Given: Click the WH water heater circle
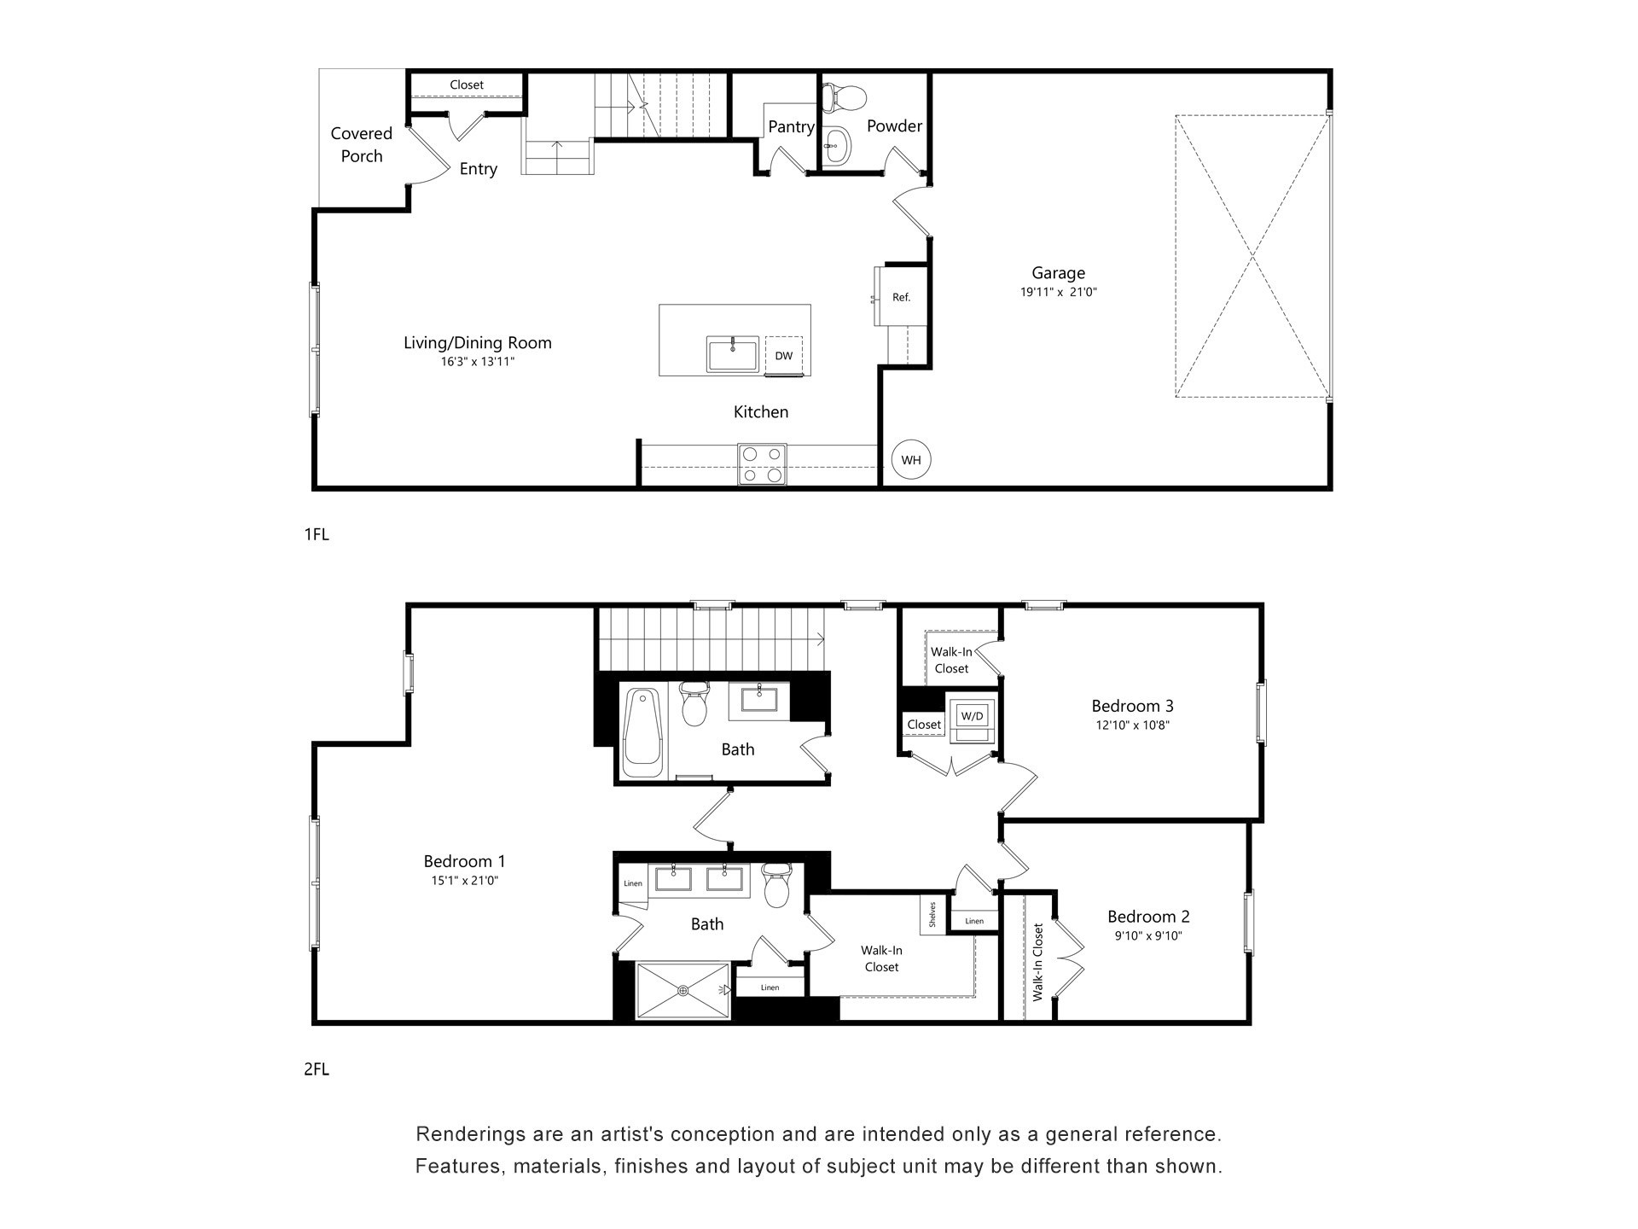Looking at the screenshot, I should click(x=910, y=460).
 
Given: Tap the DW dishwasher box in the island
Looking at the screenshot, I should click(x=783, y=356).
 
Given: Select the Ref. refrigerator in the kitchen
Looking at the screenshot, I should click(x=901, y=297).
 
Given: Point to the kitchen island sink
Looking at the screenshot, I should click(x=732, y=354).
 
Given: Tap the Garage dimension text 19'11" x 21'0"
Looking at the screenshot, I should click(x=1058, y=292).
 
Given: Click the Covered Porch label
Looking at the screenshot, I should click(x=362, y=144).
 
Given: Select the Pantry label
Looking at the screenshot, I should click(x=790, y=126).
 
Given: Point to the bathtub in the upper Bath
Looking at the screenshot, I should click(x=642, y=732).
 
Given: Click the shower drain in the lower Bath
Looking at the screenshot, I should click(x=682, y=990).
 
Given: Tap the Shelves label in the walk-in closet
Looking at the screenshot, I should click(x=932, y=915).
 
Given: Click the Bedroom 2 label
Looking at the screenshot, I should click(x=1148, y=917).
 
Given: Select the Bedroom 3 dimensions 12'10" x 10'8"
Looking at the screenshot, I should click(x=1132, y=725).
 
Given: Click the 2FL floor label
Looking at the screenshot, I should click(x=316, y=1069).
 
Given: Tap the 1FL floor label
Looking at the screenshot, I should click(x=316, y=535).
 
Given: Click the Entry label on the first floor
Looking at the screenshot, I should click(x=478, y=169).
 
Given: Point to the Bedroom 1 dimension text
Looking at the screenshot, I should click(x=464, y=881).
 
